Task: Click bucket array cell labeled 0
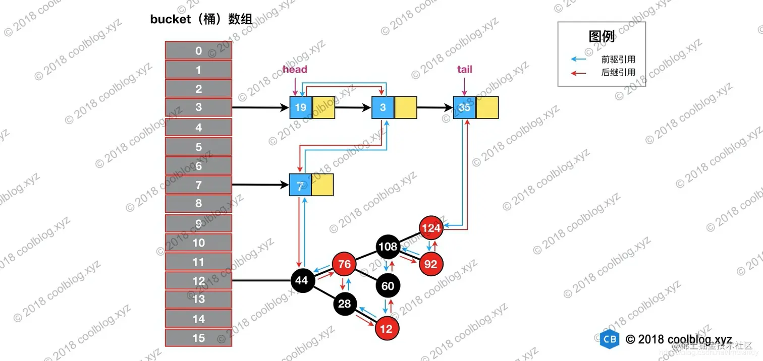pos(198,50)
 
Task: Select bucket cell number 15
pos(198,338)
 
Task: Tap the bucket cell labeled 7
pos(198,185)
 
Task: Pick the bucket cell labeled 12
pos(198,281)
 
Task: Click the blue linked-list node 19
pos(301,107)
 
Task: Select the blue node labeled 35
pos(464,107)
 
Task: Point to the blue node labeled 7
pos(300,185)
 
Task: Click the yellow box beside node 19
pos(323,107)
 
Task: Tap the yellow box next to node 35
pos(487,107)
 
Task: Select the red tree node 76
pos(344,265)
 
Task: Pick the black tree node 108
pos(388,247)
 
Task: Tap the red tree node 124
pos(431,228)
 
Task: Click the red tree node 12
pos(387,329)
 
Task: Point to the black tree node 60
pos(388,286)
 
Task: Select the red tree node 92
pos(431,263)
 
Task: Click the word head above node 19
pos(295,70)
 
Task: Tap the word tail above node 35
pos(464,70)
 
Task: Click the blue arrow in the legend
pos(578,59)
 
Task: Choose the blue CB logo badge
pos(610,339)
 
